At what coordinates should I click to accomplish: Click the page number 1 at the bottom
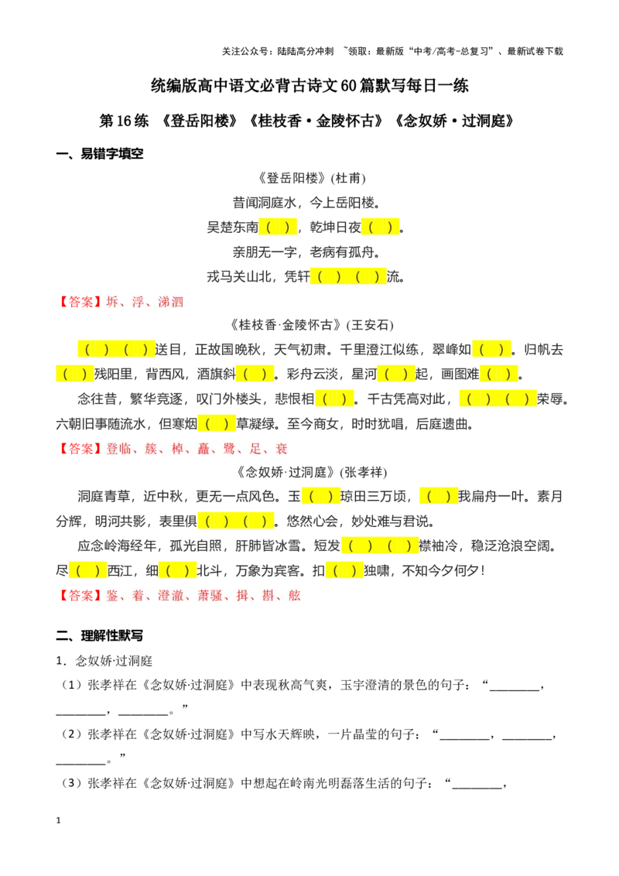(x=58, y=820)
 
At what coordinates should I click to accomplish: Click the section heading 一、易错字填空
(x=100, y=154)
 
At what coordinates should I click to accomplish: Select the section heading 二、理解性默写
(x=100, y=636)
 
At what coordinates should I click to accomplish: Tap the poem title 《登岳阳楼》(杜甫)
(x=310, y=178)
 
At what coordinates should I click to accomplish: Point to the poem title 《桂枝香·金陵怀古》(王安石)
(x=310, y=325)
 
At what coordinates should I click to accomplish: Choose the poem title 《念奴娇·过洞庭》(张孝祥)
(x=310, y=472)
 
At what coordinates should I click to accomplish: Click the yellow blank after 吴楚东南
(x=278, y=228)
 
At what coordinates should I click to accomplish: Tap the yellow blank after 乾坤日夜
(x=381, y=228)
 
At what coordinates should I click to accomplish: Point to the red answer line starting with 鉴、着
(x=179, y=596)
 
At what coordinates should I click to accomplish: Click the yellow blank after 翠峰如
(x=491, y=350)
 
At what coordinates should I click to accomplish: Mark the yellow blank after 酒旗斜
(x=255, y=374)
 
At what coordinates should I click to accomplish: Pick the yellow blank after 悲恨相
(x=334, y=399)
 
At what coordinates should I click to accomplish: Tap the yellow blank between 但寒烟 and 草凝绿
(x=217, y=423)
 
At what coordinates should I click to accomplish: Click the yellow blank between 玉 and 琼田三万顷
(x=320, y=497)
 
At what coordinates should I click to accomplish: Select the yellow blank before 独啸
(x=344, y=570)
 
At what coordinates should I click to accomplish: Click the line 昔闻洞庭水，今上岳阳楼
(x=306, y=203)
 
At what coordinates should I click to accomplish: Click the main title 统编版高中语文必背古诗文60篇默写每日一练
(x=309, y=85)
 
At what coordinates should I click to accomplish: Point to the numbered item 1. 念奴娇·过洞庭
(x=104, y=661)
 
